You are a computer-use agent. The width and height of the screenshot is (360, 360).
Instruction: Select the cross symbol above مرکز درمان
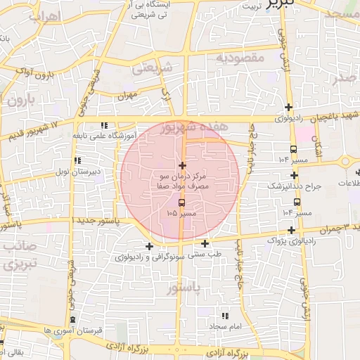[183, 165]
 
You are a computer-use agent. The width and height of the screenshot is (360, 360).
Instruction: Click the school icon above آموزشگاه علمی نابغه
[104, 124]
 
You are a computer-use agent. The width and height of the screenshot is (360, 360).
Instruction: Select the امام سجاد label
[225, 327]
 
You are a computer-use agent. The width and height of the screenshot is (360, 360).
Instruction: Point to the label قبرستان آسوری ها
[73, 330]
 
